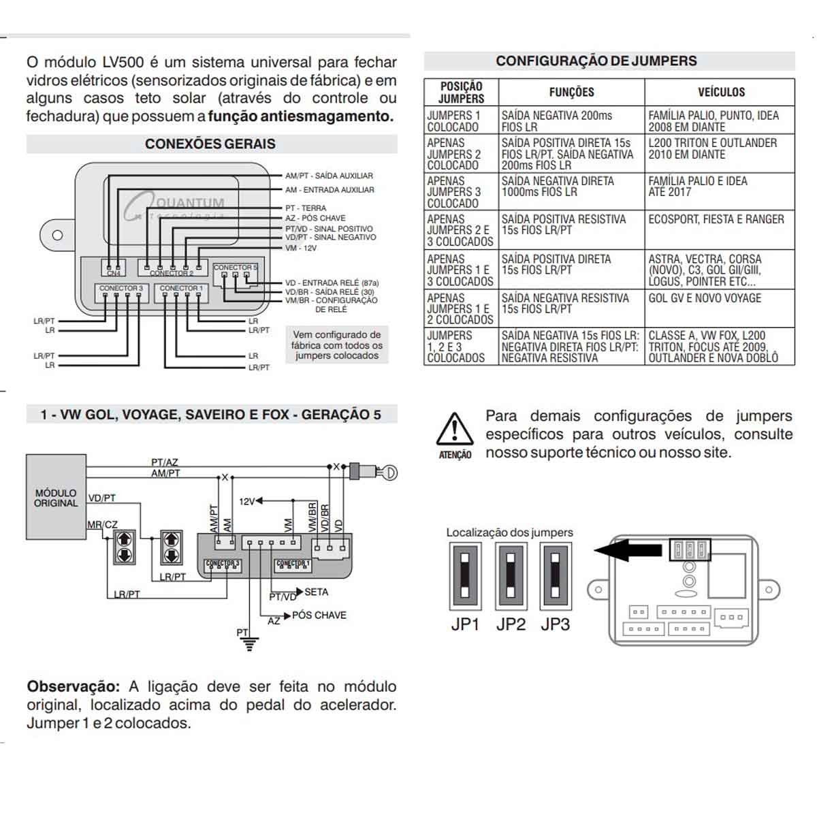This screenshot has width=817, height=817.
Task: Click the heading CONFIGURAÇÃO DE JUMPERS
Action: [596, 61]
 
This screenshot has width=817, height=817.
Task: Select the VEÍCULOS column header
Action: [720, 92]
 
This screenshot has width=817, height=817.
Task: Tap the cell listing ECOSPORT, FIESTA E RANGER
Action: [716, 219]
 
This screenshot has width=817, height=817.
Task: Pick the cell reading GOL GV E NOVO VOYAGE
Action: [705, 298]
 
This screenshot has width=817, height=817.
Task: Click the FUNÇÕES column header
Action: [571, 92]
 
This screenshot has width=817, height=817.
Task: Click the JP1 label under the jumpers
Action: [465, 624]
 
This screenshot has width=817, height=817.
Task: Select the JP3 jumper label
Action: [555, 624]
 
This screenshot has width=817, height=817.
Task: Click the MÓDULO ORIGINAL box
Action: [56, 498]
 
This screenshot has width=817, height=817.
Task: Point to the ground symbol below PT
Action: [251, 643]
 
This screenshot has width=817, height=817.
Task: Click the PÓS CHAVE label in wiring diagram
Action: [319, 615]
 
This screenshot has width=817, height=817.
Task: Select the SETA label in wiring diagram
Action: [316, 592]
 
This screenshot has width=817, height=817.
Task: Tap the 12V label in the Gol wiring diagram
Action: [246, 502]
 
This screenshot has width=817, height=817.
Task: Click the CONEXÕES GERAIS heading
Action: [210, 144]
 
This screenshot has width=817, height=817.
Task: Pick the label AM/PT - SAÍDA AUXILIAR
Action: [329, 176]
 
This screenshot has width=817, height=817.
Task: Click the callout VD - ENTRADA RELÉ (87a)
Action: [332, 283]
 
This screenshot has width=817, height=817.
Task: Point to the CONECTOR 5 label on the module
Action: [235, 268]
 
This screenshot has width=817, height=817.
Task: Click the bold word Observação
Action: [74, 686]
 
